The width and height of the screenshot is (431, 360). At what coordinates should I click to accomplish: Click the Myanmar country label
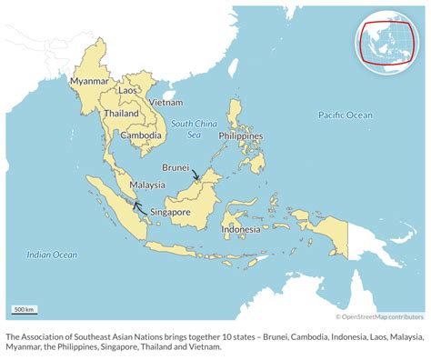(90, 79)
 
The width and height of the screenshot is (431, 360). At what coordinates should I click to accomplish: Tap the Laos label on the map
(128, 90)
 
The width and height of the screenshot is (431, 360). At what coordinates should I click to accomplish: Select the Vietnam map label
(165, 103)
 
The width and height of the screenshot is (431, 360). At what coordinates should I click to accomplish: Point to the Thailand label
(121, 114)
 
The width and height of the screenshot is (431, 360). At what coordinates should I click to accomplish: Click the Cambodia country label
(143, 135)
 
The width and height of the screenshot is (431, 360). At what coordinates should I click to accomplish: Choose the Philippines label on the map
(240, 135)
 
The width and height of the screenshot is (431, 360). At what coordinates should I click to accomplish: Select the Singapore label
(170, 212)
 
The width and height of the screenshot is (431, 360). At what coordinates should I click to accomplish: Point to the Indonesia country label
(241, 229)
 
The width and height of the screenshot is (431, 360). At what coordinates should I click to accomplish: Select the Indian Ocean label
(52, 255)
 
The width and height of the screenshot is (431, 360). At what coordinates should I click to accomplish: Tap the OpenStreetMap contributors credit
(379, 316)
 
